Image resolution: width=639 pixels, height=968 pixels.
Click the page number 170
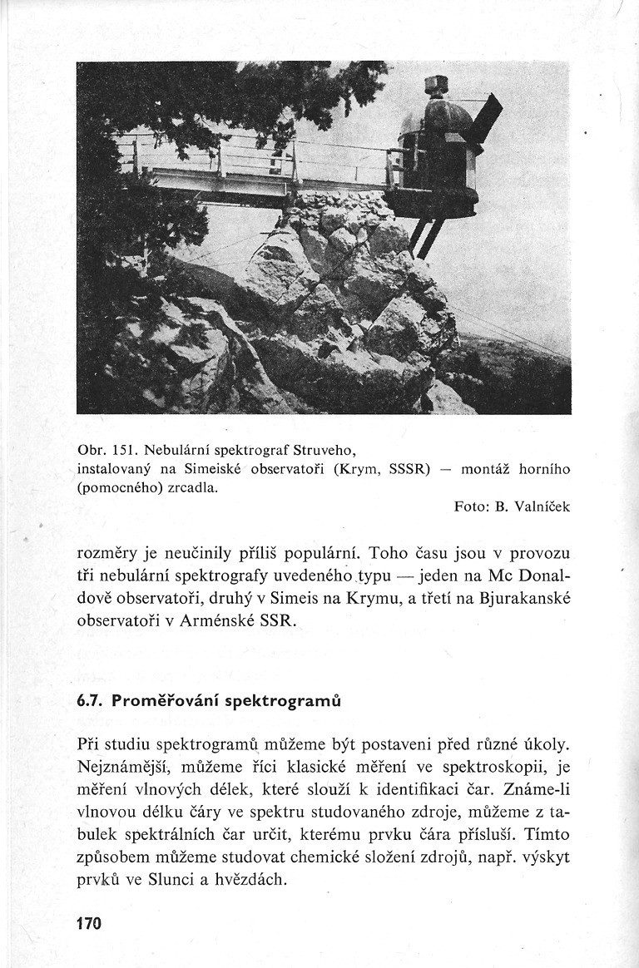[88, 924]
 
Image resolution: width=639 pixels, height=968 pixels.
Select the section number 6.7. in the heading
[88, 701]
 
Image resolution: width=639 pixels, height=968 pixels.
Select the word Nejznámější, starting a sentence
[125, 764]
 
